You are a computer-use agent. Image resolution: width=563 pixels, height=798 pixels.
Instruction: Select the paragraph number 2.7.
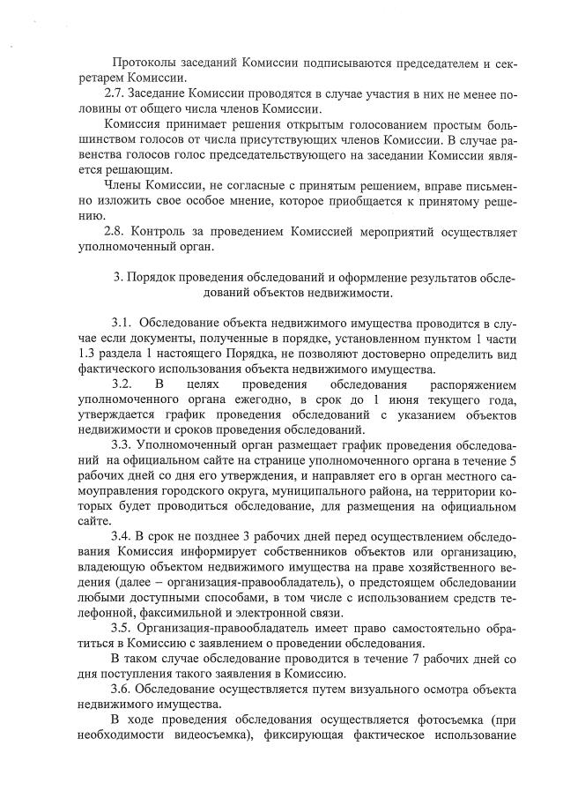[115, 93]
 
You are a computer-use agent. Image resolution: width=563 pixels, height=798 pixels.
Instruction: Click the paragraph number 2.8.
[115, 231]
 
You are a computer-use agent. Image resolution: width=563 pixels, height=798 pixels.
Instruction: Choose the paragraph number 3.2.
[122, 384]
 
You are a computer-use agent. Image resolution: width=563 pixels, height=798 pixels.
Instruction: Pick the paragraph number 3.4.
[122, 537]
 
